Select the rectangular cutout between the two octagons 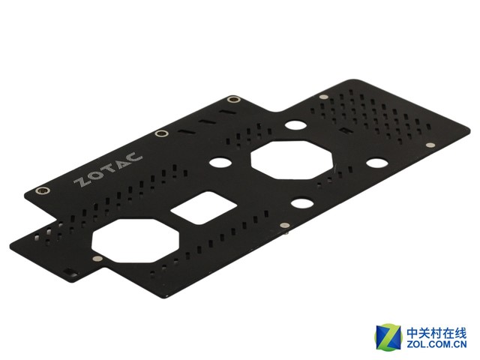point(203,208)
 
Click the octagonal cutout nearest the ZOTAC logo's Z point(135,240)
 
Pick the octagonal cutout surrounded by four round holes point(292,160)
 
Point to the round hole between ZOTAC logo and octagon point(220,162)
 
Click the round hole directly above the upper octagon point(295,125)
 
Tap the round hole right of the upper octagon point(376,163)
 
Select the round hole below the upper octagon point(301,203)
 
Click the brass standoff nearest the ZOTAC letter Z point(43,190)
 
